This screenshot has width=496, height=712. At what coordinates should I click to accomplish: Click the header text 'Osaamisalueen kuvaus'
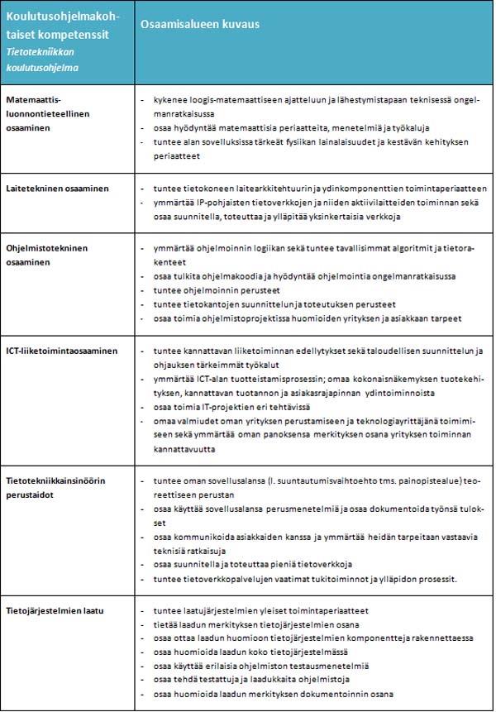point(199,25)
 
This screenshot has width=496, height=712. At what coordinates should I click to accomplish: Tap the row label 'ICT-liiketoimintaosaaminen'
point(62,351)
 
